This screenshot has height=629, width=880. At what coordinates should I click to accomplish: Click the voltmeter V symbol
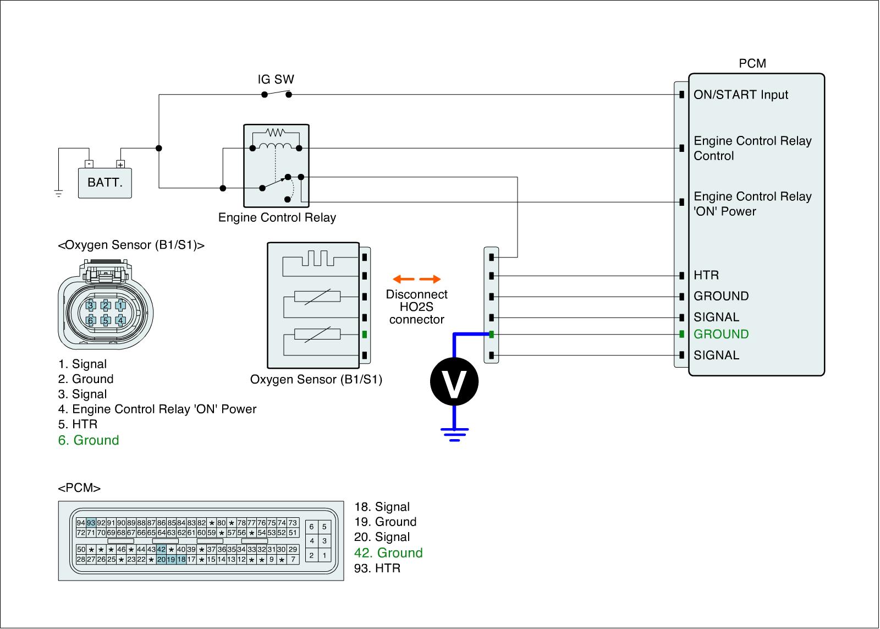[454, 382]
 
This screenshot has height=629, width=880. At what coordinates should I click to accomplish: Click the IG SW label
[276, 79]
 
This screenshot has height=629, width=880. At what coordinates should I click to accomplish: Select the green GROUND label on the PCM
[721, 334]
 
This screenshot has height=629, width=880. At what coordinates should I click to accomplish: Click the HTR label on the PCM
[706, 275]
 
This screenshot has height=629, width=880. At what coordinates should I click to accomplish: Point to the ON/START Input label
[741, 95]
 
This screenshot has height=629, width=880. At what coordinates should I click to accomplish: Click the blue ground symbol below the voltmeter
[454, 434]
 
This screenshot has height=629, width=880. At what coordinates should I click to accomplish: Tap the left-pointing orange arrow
[404, 279]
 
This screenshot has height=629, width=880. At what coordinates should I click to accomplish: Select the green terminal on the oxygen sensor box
[365, 335]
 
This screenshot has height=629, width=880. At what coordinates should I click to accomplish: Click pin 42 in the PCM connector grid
[161, 549]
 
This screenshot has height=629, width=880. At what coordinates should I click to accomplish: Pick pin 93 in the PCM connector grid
[91, 523]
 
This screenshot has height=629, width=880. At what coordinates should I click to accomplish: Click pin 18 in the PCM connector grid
[181, 560]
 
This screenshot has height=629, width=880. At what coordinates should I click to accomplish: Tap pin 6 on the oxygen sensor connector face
[91, 320]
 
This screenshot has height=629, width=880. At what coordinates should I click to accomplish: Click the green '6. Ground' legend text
[89, 440]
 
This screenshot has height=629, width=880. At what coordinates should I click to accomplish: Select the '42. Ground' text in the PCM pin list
[388, 553]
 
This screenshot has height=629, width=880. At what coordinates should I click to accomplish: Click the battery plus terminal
[120, 165]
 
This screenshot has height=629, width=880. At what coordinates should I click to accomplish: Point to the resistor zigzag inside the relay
[276, 132]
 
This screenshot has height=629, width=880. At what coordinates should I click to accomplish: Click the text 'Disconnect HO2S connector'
[416, 307]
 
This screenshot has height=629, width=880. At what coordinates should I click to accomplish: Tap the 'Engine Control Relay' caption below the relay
[277, 217]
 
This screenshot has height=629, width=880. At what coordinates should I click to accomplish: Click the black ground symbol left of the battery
[58, 193]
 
